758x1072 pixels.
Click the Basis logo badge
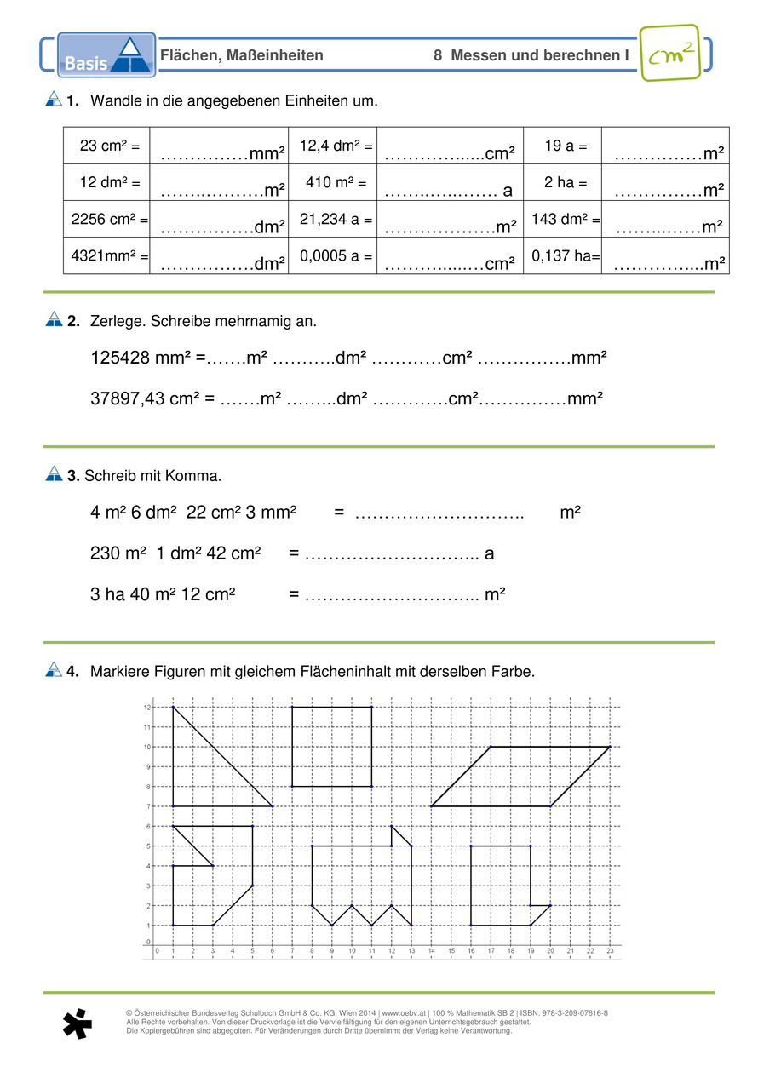click(x=106, y=55)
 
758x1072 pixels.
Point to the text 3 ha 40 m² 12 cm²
click(x=163, y=593)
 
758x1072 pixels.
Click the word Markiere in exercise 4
click(x=118, y=672)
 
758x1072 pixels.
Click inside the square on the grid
click(x=331, y=747)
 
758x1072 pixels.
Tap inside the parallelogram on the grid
click(x=520, y=777)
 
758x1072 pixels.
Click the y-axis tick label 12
click(x=146, y=708)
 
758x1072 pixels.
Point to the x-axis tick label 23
click(x=610, y=951)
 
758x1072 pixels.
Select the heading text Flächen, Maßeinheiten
click(x=242, y=55)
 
